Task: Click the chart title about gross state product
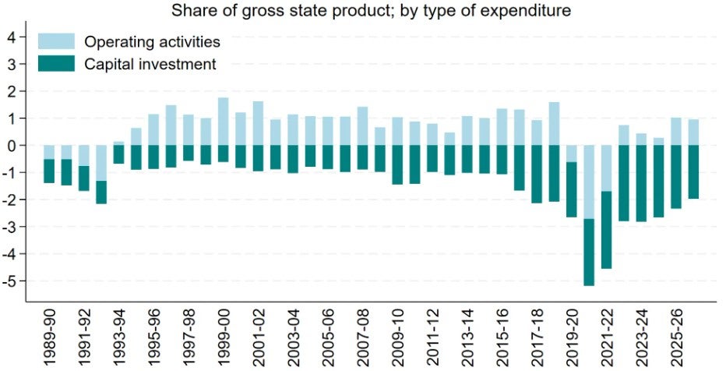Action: [363, 11]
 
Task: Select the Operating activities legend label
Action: [152, 41]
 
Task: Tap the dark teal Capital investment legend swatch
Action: [56, 64]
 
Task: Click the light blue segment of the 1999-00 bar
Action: [223, 121]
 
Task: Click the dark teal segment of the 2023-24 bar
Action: [641, 183]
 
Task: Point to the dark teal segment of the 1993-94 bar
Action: [118, 154]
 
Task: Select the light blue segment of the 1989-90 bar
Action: [48, 152]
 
